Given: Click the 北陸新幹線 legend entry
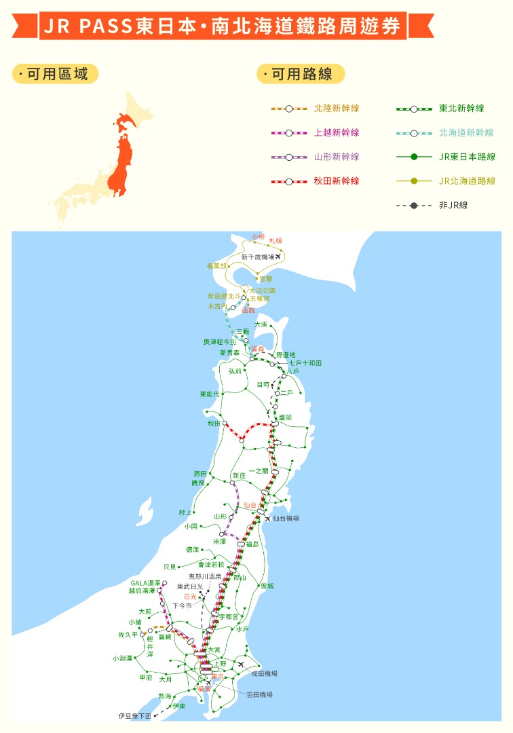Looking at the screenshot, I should coord(336,109).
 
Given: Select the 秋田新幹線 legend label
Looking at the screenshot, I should coord(336,181).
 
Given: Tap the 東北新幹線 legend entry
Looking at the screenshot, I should coord(461,109).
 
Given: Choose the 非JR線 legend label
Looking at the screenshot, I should coord(453,205).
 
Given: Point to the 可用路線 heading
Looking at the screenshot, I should coord(301,74).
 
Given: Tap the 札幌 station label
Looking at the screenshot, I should coord(275,241).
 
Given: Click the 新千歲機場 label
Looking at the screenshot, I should coord(258,257).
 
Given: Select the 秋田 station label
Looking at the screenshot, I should coord(214,423).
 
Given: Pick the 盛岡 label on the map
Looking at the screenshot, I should coord(284,418).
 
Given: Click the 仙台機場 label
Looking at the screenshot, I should coord(286,519).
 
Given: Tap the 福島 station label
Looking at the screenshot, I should coord(252,544).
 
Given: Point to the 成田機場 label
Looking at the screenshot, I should coord(264,673).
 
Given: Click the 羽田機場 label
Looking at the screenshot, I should coord(259,695).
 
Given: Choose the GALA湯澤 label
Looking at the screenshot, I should coord(145,583).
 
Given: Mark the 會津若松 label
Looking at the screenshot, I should coord(210,564).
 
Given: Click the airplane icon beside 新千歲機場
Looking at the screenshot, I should coord(278,257).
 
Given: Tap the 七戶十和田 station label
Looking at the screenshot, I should coord(305,363).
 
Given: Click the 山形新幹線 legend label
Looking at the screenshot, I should coord(336,157).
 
